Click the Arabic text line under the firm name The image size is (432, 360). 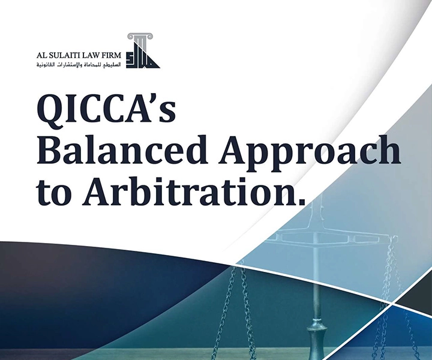pyautogui.click(x=77, y=64)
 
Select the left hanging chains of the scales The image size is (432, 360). pyautogui.click(x=235, y=300)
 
